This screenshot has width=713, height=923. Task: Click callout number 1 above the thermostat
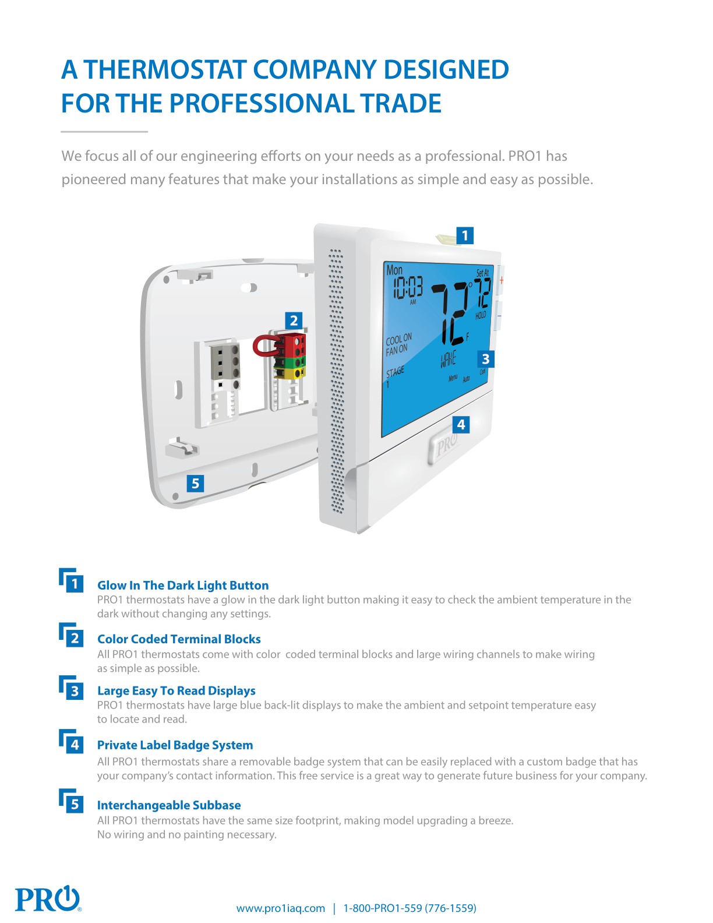coord(464,235)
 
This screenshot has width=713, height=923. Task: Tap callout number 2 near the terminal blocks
coord(294,320)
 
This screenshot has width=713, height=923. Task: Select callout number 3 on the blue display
coord(485,359)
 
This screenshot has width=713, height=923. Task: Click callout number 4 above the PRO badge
coord(461,424)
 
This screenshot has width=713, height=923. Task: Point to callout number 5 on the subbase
coord(195,483)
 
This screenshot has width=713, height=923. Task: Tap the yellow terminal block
coord(291,374)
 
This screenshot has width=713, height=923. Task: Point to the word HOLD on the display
coord(481,315)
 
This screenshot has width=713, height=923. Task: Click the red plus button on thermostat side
coord(501,280)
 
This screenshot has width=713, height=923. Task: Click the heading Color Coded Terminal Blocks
coord(179,639)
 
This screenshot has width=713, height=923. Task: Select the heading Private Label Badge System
coord(175,745)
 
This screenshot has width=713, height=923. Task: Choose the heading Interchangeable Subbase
coord(169,805)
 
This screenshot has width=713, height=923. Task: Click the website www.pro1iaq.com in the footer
coord(280,908)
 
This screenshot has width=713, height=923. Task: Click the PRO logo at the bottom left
coord(47,899)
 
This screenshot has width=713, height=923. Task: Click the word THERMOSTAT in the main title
coord(166,70)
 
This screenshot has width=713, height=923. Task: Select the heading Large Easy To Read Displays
coord(176,691)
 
